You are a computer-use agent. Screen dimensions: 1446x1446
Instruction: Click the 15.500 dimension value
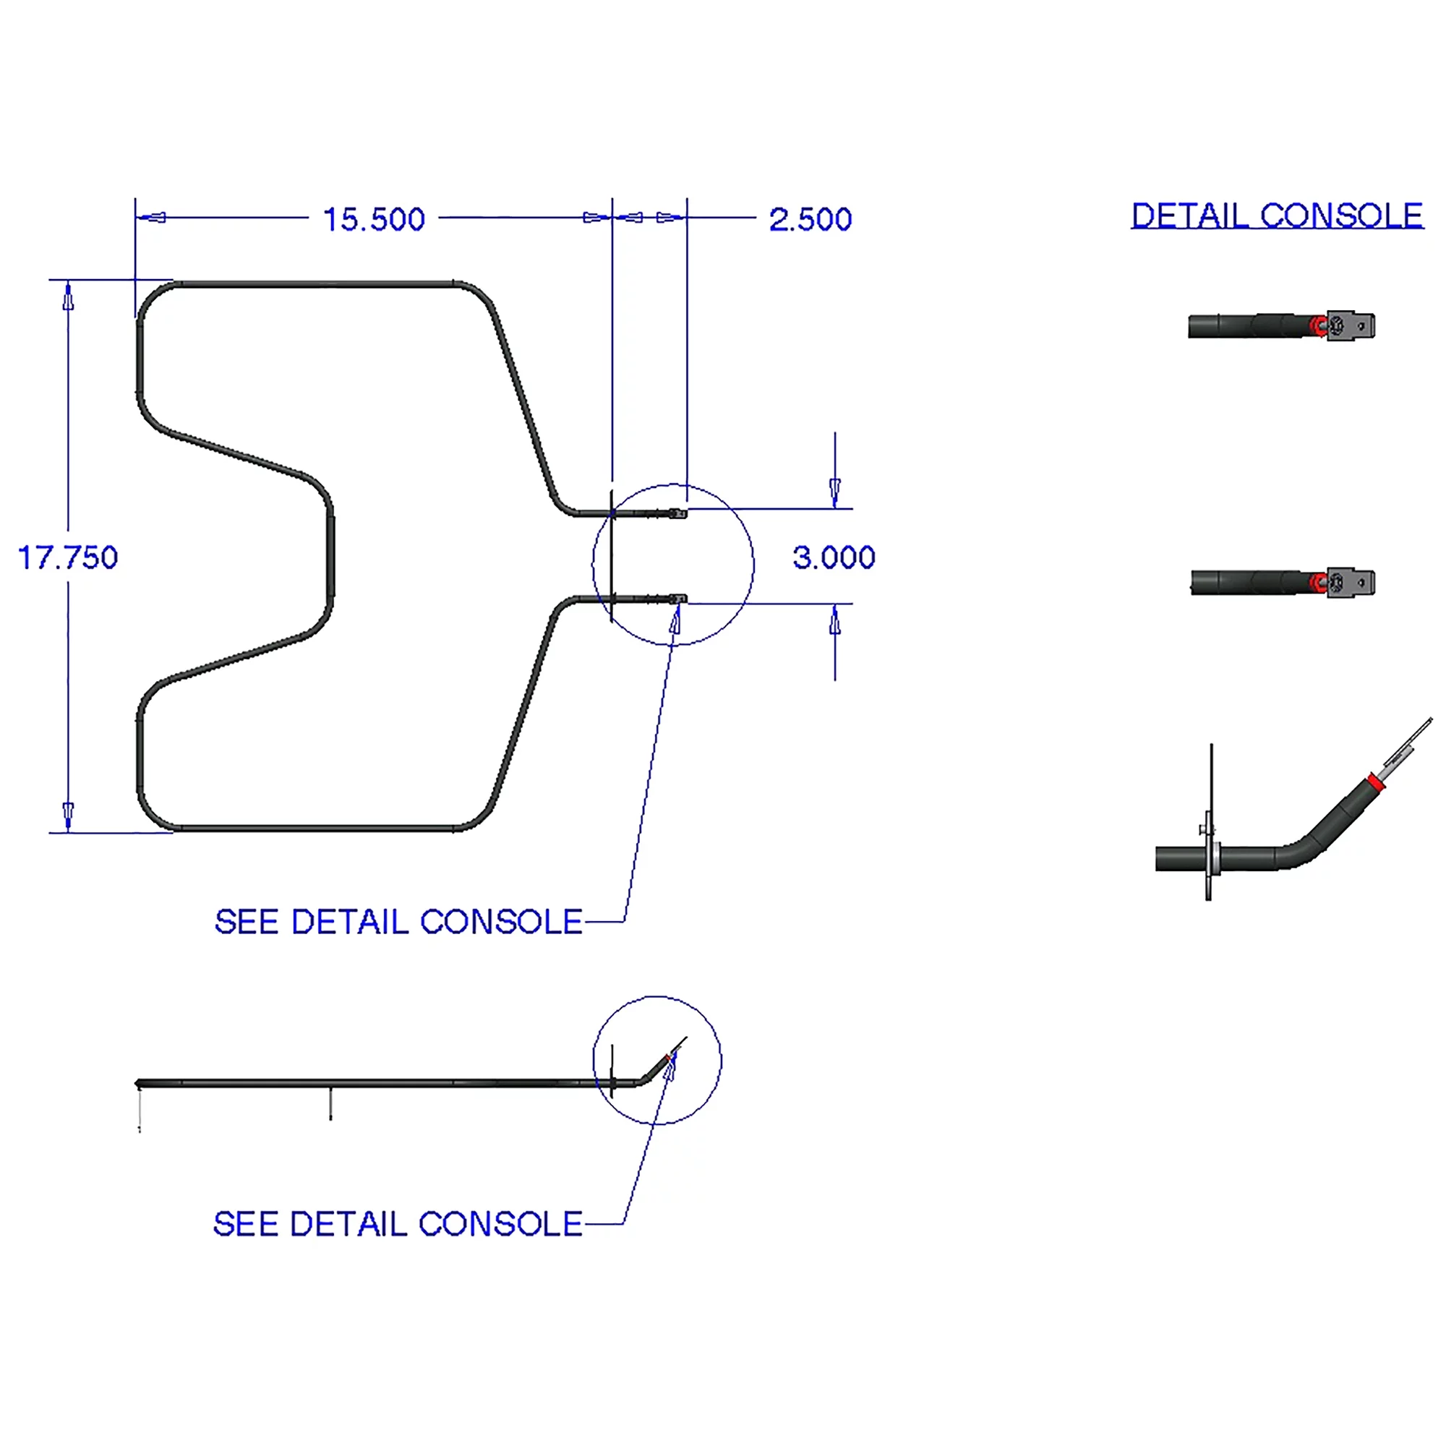pos(374,219)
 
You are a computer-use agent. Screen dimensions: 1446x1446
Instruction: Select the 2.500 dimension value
pos(810,219)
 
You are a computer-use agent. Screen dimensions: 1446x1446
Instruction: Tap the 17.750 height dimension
pos(67,557)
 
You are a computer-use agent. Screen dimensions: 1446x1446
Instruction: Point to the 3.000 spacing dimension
pos(834,557)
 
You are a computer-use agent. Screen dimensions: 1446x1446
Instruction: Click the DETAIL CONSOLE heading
pos(1277,215)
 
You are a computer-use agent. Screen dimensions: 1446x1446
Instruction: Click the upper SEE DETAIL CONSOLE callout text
pos(398,922)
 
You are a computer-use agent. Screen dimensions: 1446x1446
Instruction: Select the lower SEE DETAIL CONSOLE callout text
pos(398,1225)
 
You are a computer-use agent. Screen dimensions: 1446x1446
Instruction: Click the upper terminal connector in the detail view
pos(1350,325)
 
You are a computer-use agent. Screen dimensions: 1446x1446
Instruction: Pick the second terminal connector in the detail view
pos(1350,582)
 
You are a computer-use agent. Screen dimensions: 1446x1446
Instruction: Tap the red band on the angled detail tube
pos(1374,783)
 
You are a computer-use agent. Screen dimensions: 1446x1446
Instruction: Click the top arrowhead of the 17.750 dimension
pos(68,298)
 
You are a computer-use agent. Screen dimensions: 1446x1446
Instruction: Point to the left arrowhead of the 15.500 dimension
pos(153,218)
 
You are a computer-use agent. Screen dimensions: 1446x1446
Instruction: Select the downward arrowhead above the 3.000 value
pos(835,491)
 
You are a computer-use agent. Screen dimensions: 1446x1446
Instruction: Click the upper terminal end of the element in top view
pos(677,513)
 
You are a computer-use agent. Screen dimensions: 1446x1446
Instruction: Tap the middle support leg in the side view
pos(331,1104)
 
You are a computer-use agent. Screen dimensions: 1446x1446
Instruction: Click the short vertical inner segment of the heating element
pos(330,556)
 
